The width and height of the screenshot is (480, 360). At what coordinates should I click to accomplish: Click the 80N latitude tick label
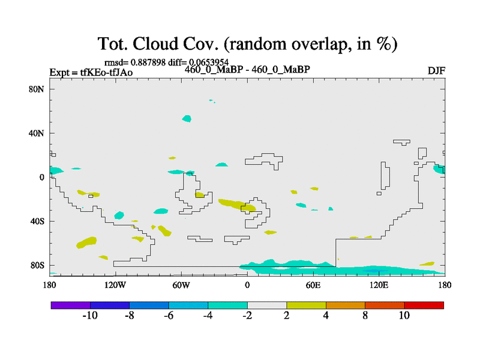click(x=37, y=89)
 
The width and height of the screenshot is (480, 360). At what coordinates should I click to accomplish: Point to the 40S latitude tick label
click(x=37, y=221)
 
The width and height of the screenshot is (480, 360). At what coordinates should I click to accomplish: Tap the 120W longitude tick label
click(x=115, y=286)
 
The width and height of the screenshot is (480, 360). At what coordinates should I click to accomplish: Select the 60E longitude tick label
click(x=313, y=286)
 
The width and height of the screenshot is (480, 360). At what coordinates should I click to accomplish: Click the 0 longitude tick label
click(x=247, y=286)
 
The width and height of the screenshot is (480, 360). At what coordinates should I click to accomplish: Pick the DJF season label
click(x=436, y=71)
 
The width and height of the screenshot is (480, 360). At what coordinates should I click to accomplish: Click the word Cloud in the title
click(x=155, y=43)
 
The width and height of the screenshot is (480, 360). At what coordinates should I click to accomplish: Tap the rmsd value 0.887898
click(x=148, y=62)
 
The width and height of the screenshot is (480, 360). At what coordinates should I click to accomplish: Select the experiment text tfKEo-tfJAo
click(x=106, y=72)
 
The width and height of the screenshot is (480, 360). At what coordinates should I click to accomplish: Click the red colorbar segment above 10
click(x=424, y=305)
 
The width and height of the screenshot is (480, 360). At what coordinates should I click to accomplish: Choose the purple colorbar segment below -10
click(x=71, y=305)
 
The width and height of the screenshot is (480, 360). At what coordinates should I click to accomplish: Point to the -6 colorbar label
click(x=169, y=316)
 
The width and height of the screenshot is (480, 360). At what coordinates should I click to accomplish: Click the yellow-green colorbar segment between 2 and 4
click(x=306, y=305)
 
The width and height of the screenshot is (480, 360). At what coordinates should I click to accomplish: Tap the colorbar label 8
click(x=365, y=316)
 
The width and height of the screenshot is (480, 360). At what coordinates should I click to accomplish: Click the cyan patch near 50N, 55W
click(x=187, y=118)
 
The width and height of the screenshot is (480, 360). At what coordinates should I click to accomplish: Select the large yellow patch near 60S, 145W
click(x=86, y=242)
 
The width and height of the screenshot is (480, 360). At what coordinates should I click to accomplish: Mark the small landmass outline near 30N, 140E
click(x=401, y=142)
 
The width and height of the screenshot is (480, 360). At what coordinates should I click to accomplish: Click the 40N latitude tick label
click(x=37, y=133)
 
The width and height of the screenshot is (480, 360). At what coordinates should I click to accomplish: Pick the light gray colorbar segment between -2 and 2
click(x=267, y=305)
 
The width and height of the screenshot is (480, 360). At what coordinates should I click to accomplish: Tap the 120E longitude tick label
click(x=379, y=286)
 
